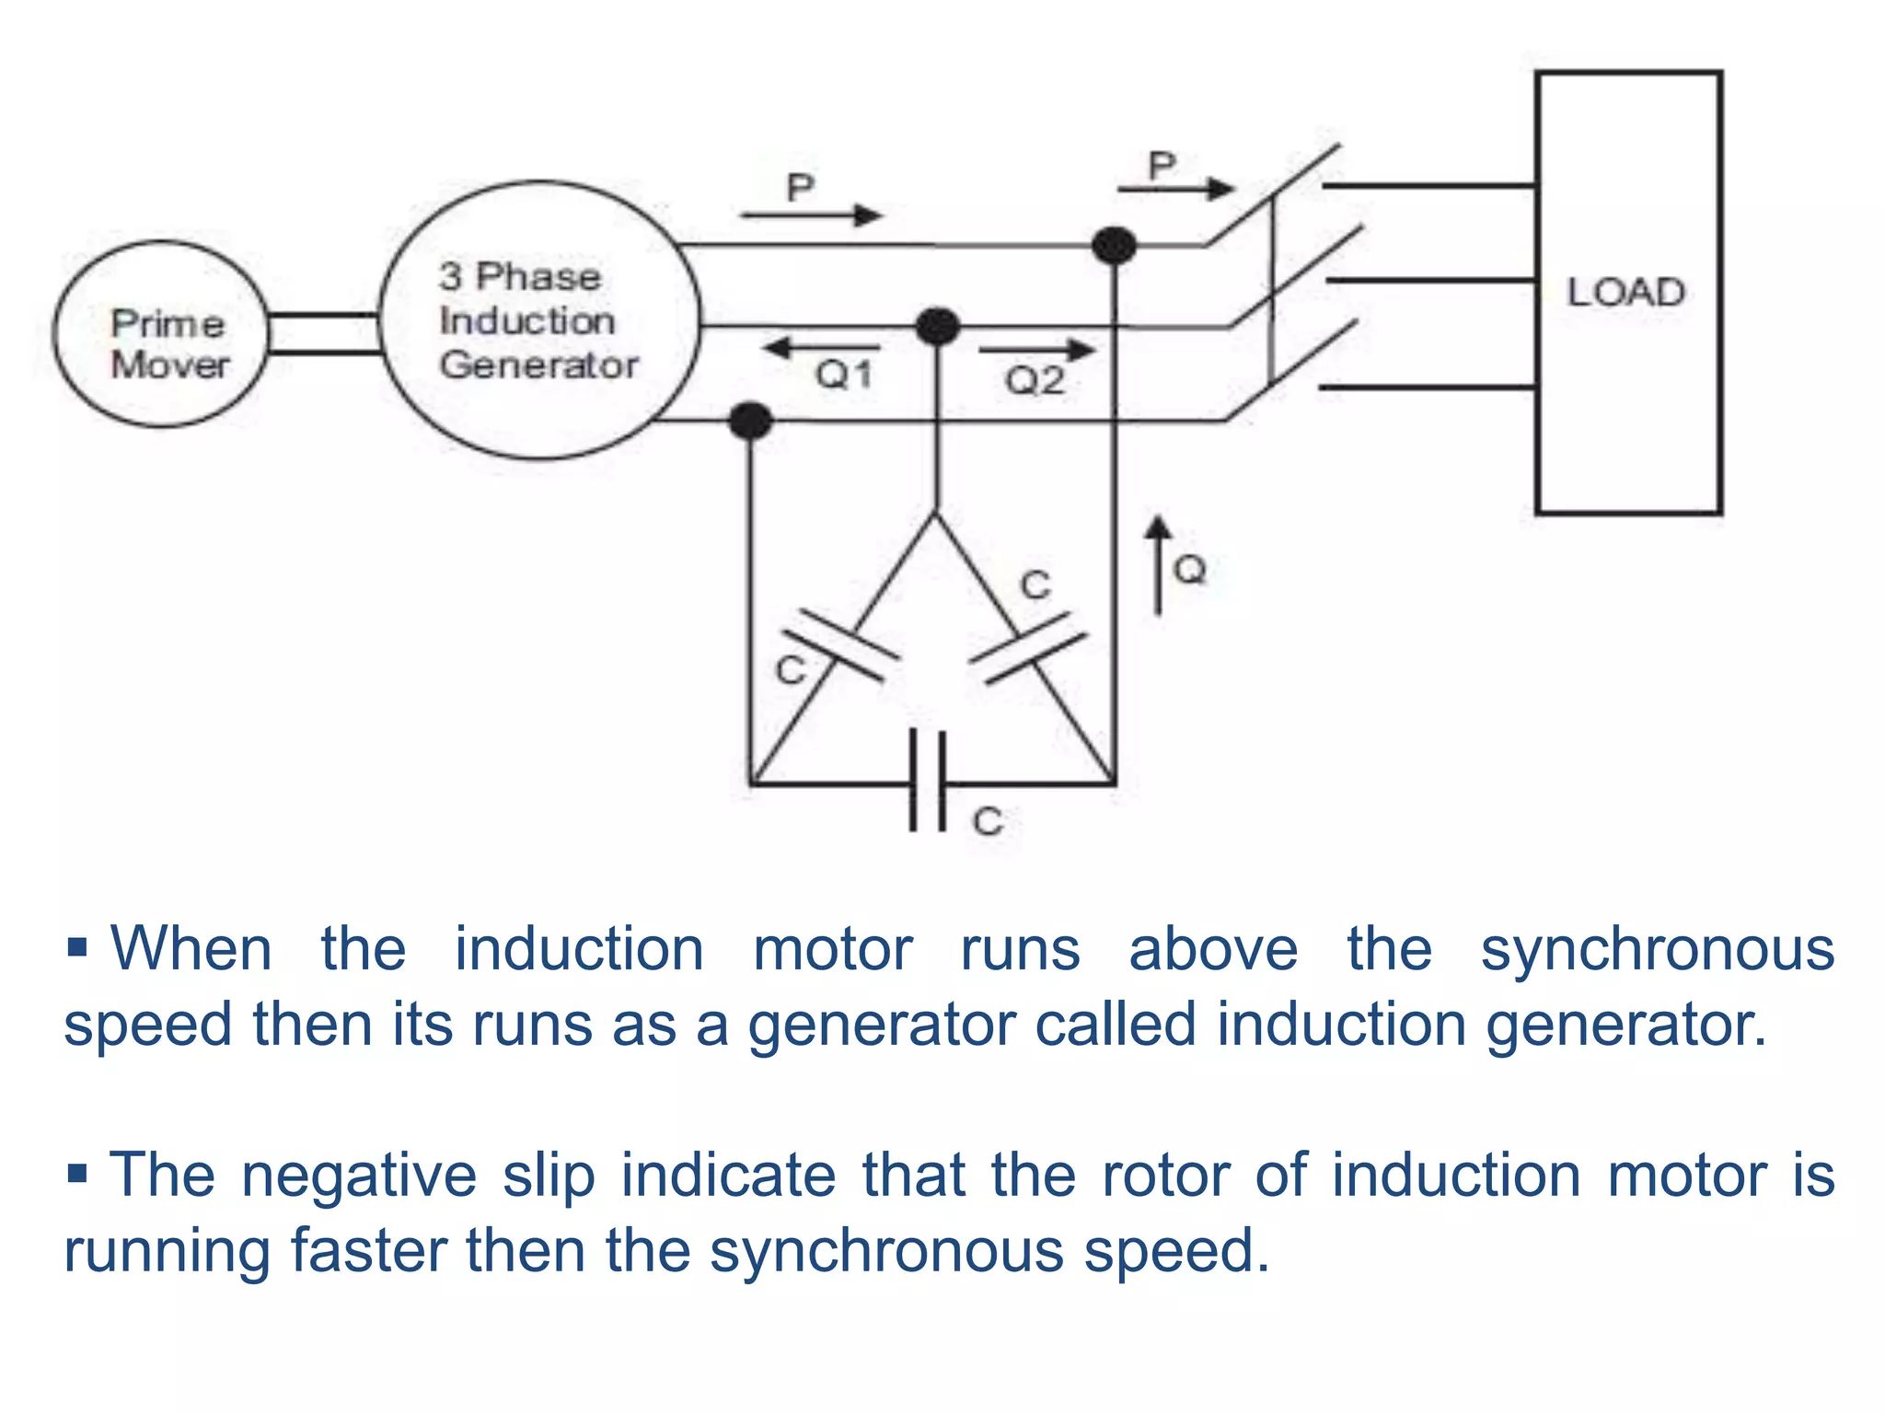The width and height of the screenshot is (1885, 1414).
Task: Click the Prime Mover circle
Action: pyautogui.click(x=161, y=334)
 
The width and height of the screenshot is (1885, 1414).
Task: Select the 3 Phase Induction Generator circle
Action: pyautogui.click(x=539, y=319)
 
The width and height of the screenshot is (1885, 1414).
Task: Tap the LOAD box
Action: pyautogui.click(x=1627, y=292)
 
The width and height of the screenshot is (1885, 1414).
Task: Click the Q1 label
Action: pyautogui.click(x=844, y=376)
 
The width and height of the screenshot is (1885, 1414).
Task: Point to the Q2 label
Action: pyautogui.click(x=1035, y=380)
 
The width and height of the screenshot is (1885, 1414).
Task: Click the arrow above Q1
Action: pyautogui.click(x=821, y=348)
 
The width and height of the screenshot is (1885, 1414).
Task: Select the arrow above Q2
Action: pyautogui.click(x=1037, y=350)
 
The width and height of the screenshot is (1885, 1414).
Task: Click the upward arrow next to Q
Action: pyautogui.click(x=1158, y=563)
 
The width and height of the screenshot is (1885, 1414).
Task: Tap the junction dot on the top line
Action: pyautogui.click(x=1114, y=246)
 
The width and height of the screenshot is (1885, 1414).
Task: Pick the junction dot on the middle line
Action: pyautogui.click(x=938, y=326)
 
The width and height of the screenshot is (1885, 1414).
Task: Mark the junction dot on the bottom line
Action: pyautogui.click(x=750, y=422)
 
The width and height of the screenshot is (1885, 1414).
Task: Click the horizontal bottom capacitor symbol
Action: pyautogui.click(x=927, y=782)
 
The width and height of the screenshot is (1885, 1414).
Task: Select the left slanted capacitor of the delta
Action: pyautogui.click(x=839, y=645)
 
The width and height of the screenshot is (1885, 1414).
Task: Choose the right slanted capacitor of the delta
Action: pyautogui.click(x=1028, y=649)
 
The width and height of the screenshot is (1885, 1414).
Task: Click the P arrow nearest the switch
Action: pyautogui.click(x=1175, y=189)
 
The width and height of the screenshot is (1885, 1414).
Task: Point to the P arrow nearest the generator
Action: pyautogui.click(x=810, y=215)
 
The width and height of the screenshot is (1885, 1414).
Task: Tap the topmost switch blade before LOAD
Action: pyautogui.click(x=1273, y=195)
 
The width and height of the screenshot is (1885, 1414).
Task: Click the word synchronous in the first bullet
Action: pyautogui.click(x=1657, y=949)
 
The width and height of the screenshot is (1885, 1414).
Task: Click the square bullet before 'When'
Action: pyautogui.click(x=77, y=946)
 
